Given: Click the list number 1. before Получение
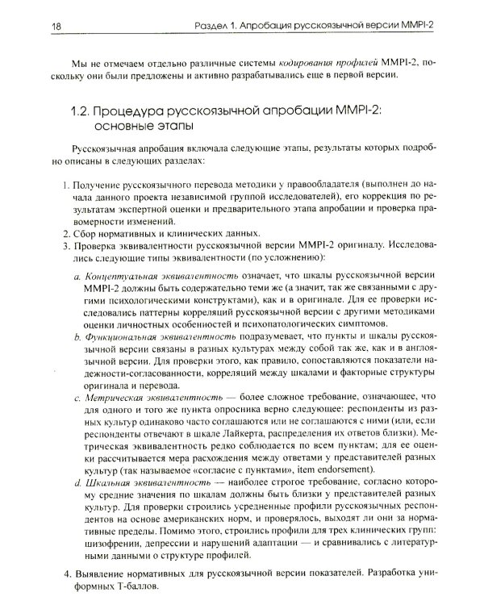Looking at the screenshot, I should [x=65, y=186].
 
